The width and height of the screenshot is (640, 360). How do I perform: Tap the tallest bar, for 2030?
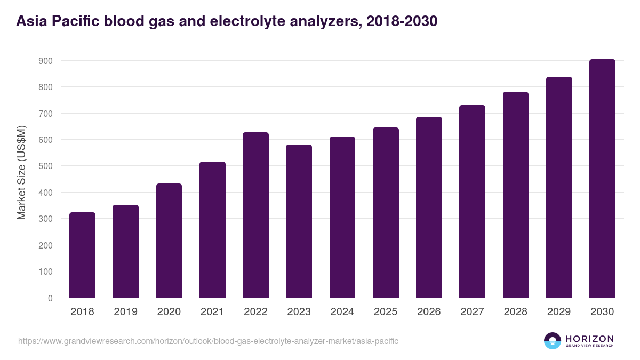coord(602,179)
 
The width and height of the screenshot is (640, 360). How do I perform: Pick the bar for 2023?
coord(299,221)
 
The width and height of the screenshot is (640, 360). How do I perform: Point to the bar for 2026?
coord(429,207)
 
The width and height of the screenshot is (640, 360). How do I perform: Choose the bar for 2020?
coord(169,241)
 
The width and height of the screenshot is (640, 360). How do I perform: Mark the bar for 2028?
coord(516,195)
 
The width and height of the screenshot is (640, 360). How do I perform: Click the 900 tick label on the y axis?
coord(45,61)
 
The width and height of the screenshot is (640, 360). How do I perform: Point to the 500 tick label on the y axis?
coord(45,166)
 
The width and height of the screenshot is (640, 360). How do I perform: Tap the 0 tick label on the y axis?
coord(50,298)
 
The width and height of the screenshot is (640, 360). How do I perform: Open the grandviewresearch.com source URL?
coord(208,341)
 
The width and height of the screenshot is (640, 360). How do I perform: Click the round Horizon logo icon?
coord(553,341)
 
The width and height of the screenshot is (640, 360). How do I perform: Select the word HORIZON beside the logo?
coord(589,338)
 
